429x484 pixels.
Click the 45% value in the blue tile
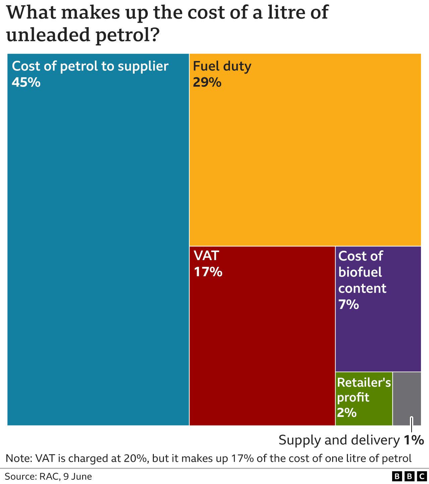(x=26, y=82)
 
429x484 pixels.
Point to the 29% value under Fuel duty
(x=207, y=82)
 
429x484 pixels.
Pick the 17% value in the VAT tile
(x=208, y=272)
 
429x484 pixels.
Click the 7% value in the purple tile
(x=349, y=304)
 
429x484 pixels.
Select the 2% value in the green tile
(x=347, y=412)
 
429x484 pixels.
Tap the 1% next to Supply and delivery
(x=414, y=440)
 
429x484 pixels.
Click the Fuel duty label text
(x=222, y=66)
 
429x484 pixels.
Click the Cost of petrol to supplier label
(x=90, y=66)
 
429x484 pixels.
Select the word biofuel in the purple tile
(x=360, y=272)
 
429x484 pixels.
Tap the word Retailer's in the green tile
(x=364, y=383)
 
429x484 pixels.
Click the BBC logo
(x=409, y=477)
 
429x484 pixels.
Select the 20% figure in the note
(x=138, y=458)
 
